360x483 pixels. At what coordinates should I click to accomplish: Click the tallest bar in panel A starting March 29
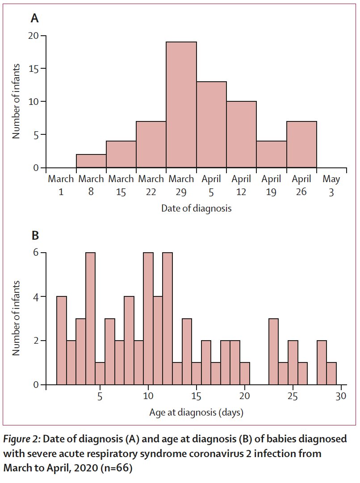(181, 105)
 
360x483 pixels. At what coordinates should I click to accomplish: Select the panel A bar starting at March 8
(91, 161)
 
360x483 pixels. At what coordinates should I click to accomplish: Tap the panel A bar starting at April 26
(301, 145)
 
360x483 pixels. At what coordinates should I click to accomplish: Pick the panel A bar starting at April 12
(241, 135)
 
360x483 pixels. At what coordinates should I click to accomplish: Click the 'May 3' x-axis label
(331, 185)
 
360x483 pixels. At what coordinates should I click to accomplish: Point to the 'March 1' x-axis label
(61, 185)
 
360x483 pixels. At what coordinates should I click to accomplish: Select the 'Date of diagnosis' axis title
(196, 208)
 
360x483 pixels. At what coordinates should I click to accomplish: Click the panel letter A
(34, 19)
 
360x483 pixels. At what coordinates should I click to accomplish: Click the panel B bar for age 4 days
(90, 319)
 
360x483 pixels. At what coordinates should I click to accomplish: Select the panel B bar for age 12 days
(167, 319)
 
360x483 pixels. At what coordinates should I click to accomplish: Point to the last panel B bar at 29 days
(331, 374)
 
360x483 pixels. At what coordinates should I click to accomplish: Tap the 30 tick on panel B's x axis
(341, 396)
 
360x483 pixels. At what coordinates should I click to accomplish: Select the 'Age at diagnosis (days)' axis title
(196, 412)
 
